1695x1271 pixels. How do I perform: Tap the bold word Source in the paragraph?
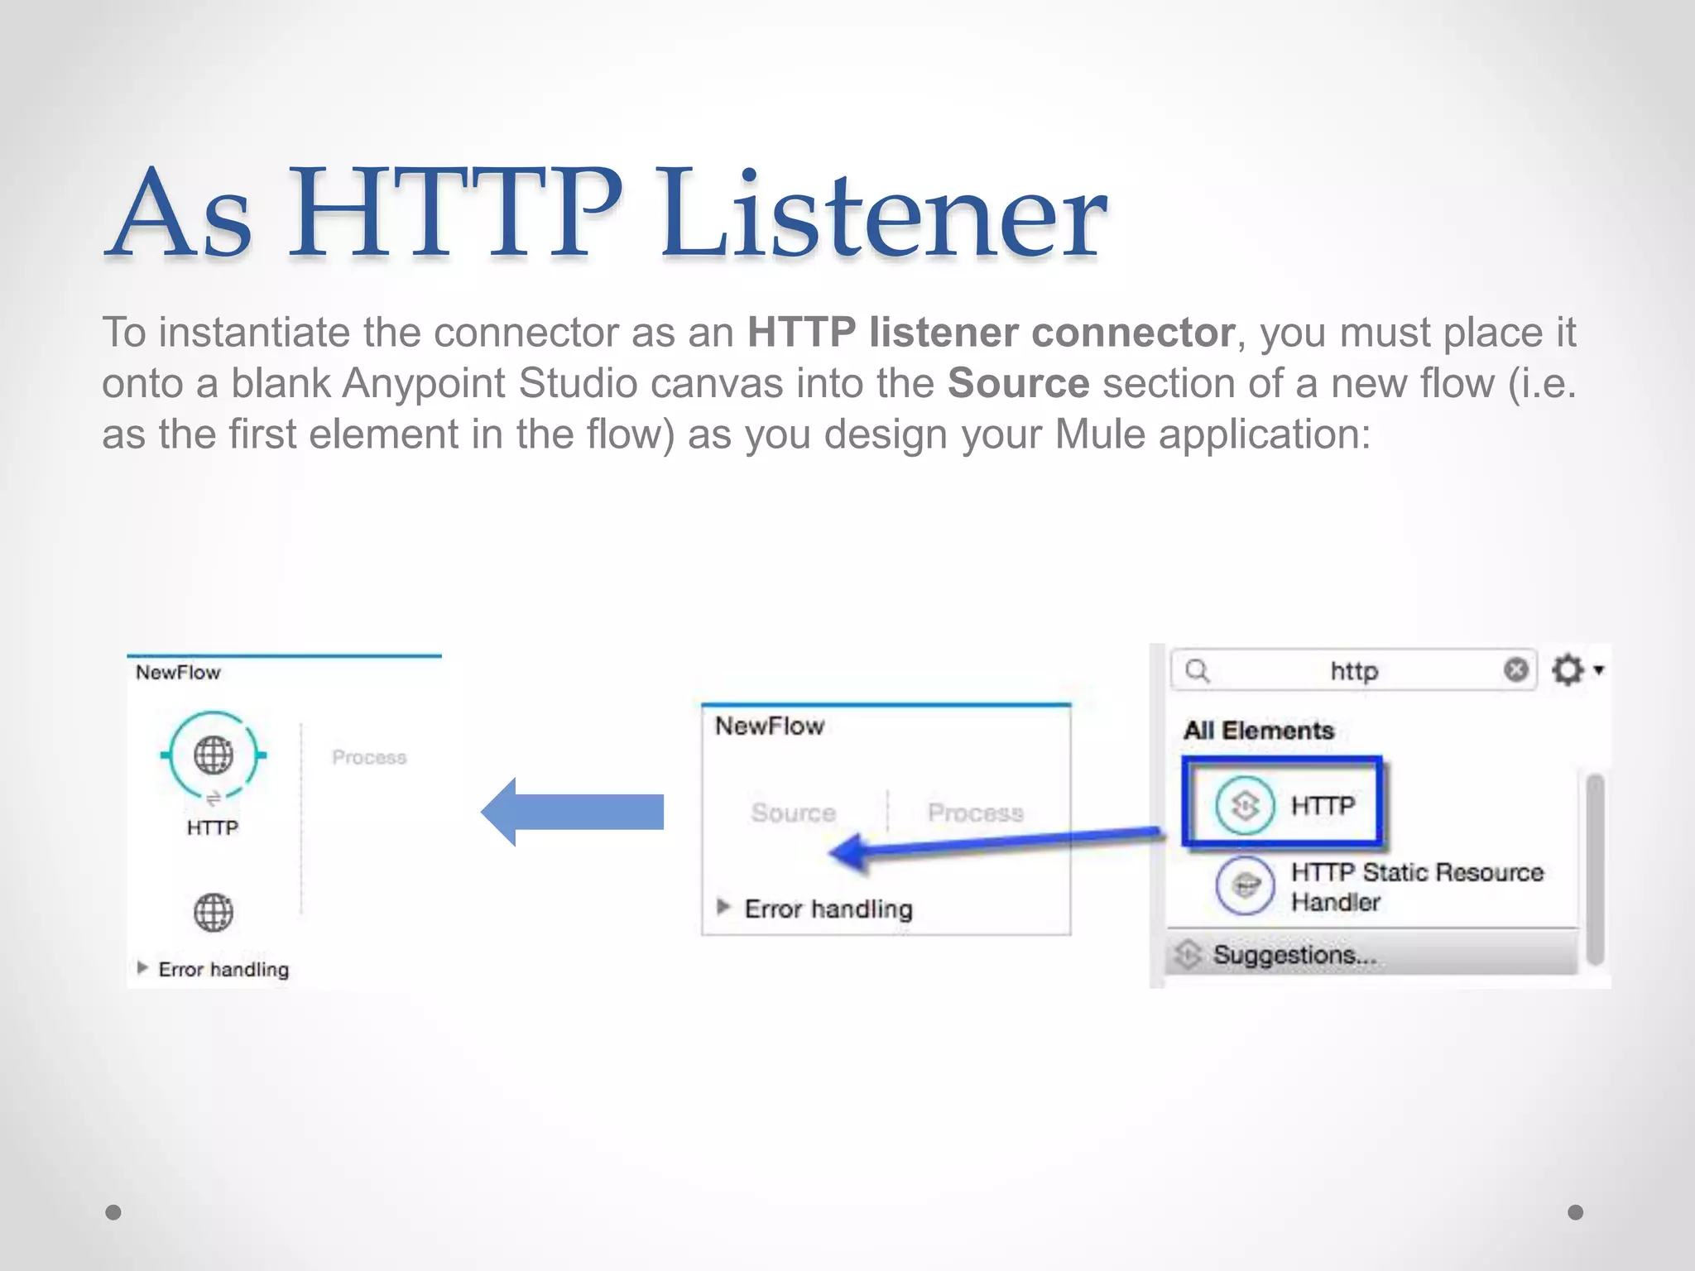(x=1018, y=384)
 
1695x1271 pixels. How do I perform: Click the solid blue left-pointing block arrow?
(x=573, y=812)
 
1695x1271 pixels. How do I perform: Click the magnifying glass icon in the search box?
(x=1198, y=670)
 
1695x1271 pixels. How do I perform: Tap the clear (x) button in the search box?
(x=1515, y=669)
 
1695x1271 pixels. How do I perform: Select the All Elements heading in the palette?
(x=1258, y=731)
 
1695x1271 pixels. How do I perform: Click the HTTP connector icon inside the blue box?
(x=1245, y=805)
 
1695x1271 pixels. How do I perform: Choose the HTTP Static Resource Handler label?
(x=1416, y=886)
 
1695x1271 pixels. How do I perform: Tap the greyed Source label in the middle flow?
(x=793, y=813)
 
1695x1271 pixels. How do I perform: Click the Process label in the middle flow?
(x=975, y=813)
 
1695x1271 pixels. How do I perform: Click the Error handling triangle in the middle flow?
(x=723, y=907)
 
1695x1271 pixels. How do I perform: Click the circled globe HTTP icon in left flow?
(x=214, y=755)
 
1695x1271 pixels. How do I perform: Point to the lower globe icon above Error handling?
(x=214, y=913)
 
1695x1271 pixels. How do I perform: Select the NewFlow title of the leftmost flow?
(x=178, y=673)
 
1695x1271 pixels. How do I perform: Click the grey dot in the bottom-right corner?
(x=1576, y=1212)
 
